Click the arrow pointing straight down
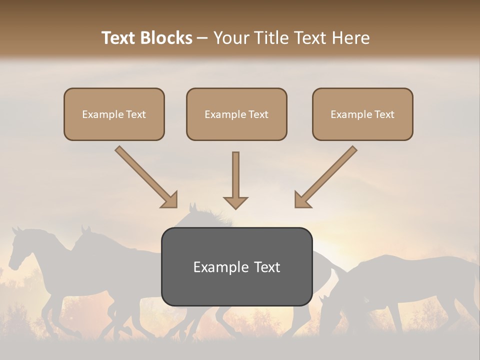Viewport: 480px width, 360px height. [235, 180]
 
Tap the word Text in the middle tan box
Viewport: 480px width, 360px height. [258, 114]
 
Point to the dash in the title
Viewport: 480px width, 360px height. [202, 38]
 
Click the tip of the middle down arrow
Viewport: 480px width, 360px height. [235, 207]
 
